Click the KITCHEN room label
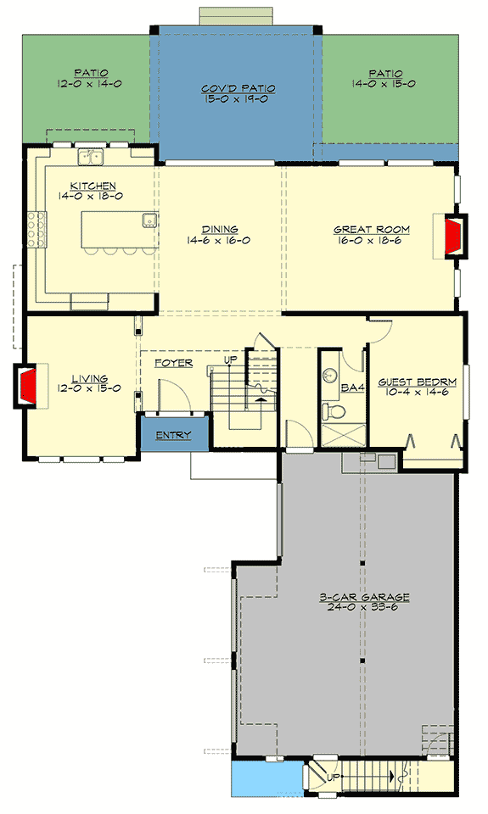click(x=93, y=186)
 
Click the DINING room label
click(x=219, y=229)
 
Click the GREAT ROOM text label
click(x=372, y=229)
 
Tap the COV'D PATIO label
click(x=238, y=88)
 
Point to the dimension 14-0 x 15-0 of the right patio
click(x=386, y=84)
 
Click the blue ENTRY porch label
click(x=173, y=435)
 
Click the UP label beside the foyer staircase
click(x=229, y=360)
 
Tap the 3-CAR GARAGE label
click(x=364, y=597)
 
